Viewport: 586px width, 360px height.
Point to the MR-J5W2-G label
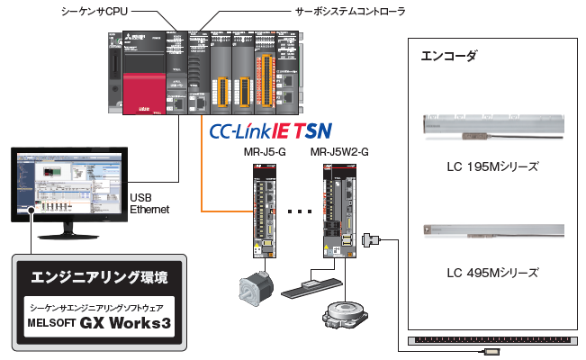click(x=338, y=153)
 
